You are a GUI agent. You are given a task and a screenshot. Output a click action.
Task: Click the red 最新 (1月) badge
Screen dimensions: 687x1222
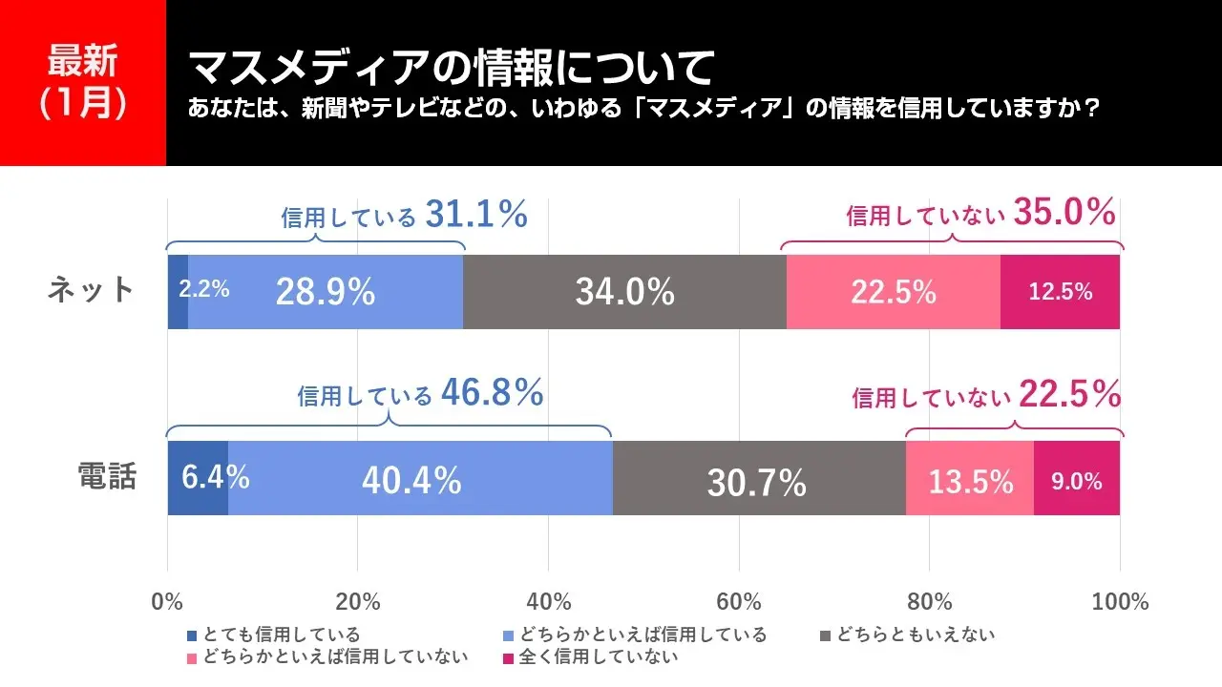tap(83, 83)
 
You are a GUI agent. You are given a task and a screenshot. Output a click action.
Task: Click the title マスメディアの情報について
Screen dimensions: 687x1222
tap(451, 69)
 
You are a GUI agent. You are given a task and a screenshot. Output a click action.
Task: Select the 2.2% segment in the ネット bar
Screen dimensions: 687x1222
tap(179, 291)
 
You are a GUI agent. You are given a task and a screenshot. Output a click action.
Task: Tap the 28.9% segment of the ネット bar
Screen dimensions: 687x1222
tap(326, 292)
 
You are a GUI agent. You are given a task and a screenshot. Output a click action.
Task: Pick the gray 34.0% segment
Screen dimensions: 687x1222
tap(624, 292)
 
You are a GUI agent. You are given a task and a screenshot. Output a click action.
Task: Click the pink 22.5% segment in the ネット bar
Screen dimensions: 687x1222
tap(893, 292)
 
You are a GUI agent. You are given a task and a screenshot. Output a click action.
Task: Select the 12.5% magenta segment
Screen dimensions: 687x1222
tap(1060, 292)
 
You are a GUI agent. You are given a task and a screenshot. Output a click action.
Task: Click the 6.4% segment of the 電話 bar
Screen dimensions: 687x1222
tap(198, 478)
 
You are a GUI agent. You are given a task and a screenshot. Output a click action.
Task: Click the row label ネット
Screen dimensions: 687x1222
tap(92, 290)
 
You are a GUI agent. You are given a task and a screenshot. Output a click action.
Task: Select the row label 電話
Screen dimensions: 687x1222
tap(107, 476)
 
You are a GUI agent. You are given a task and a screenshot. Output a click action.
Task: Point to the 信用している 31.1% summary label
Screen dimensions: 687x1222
tap(404, 216)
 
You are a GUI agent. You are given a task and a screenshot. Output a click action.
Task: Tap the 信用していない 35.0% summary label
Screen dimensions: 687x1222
tap(980, 214)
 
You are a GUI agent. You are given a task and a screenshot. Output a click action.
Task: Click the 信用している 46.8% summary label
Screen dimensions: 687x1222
tap(420, 392)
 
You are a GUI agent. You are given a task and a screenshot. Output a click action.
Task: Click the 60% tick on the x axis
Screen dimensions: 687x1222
tap(739, 602)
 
